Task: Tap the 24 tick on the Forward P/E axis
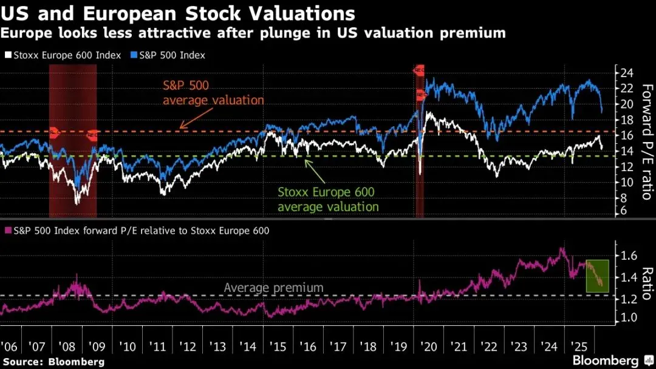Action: (x=626, y=73)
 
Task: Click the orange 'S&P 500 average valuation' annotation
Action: (x=213, y=92)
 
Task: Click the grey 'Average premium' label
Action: (x=273, y=288)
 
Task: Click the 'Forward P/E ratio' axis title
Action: (x=646, y=141)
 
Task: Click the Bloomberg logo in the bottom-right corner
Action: (x=607, y=360)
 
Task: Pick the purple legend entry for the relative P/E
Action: (x=137, y=231)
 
